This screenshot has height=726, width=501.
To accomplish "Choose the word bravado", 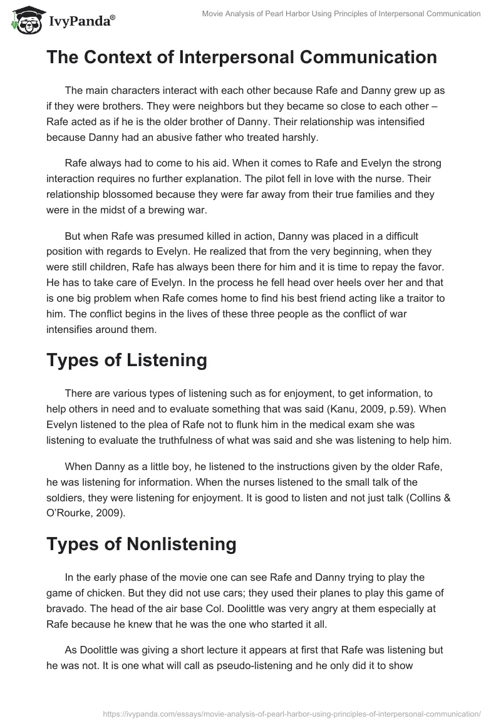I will [68, 608].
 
